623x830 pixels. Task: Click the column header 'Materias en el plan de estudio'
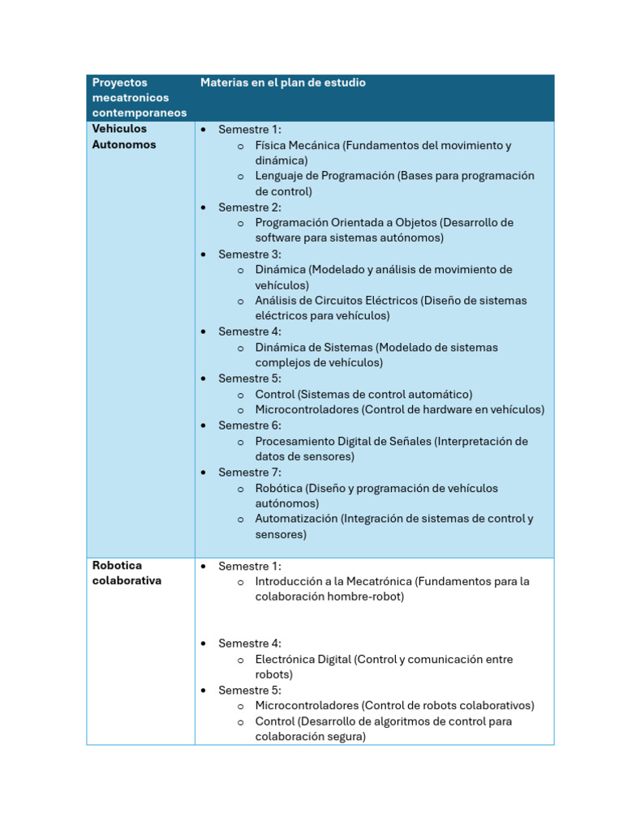pos(282,83)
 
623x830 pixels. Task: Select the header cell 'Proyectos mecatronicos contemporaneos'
pos(139,98)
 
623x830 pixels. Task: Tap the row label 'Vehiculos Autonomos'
pos(124,137)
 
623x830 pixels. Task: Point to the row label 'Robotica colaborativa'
pos(127,573)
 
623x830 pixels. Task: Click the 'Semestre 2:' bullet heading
pos(250,207)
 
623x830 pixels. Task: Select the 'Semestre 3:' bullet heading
pos(250,254)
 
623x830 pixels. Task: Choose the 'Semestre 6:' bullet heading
pos(250,426)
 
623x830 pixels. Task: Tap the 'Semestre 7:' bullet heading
pos(250,473)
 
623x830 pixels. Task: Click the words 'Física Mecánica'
pos(297,146)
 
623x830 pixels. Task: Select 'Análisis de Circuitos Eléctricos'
pos(336,301)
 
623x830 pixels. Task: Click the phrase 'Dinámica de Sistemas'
pos(313,348)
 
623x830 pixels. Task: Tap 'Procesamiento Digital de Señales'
pos(343,442)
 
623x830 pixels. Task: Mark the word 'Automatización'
pos(296,519)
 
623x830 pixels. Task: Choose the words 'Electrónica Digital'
pos(303,660)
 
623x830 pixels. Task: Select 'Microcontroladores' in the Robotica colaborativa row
pos(307,706)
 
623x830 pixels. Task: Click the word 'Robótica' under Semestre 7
pos(278,489)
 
